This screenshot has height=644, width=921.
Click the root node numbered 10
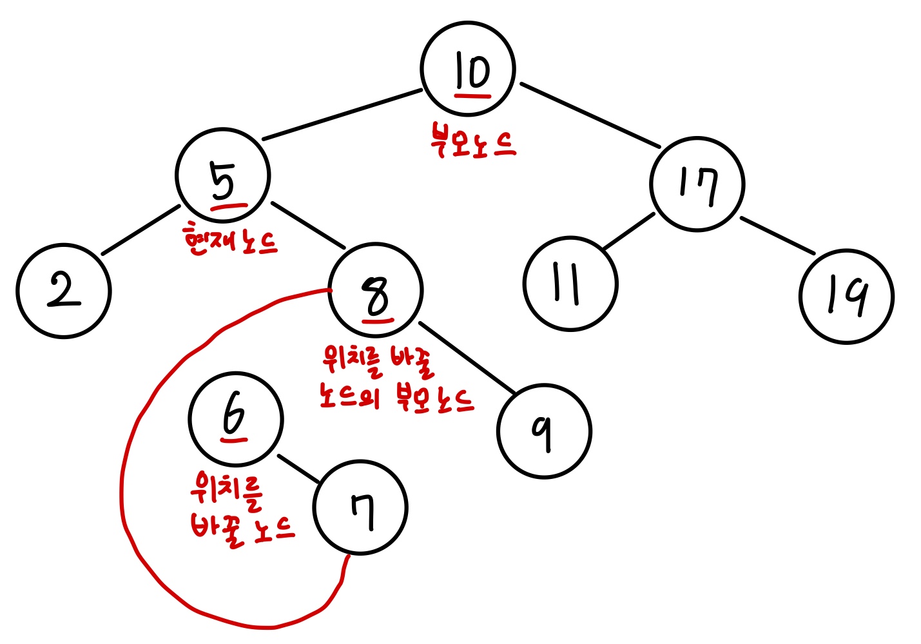pos(468,69)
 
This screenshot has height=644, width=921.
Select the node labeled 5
pos(223,176)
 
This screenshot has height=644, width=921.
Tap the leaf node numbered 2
pos(63,291)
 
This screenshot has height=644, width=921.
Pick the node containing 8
pos(376,290)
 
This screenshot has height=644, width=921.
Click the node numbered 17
pos(697,184)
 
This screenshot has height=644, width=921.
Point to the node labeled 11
pos(570,284)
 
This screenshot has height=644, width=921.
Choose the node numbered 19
pos(846,296)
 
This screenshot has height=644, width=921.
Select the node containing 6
pos(236,418)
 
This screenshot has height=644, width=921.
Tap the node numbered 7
pos(360,507)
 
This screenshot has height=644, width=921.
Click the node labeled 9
pos(544,431)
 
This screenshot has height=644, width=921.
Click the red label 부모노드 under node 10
pos(472,143)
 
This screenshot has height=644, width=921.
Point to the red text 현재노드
pos(231,240)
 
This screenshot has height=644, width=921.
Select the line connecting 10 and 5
pos(342,115)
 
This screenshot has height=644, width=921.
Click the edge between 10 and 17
pos(590,115)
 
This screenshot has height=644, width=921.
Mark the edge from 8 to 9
pos(467,356)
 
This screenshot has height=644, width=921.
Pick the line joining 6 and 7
pos(298,468)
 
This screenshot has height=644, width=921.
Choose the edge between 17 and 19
pos(777,235)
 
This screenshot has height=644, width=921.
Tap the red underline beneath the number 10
pos(472,95)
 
